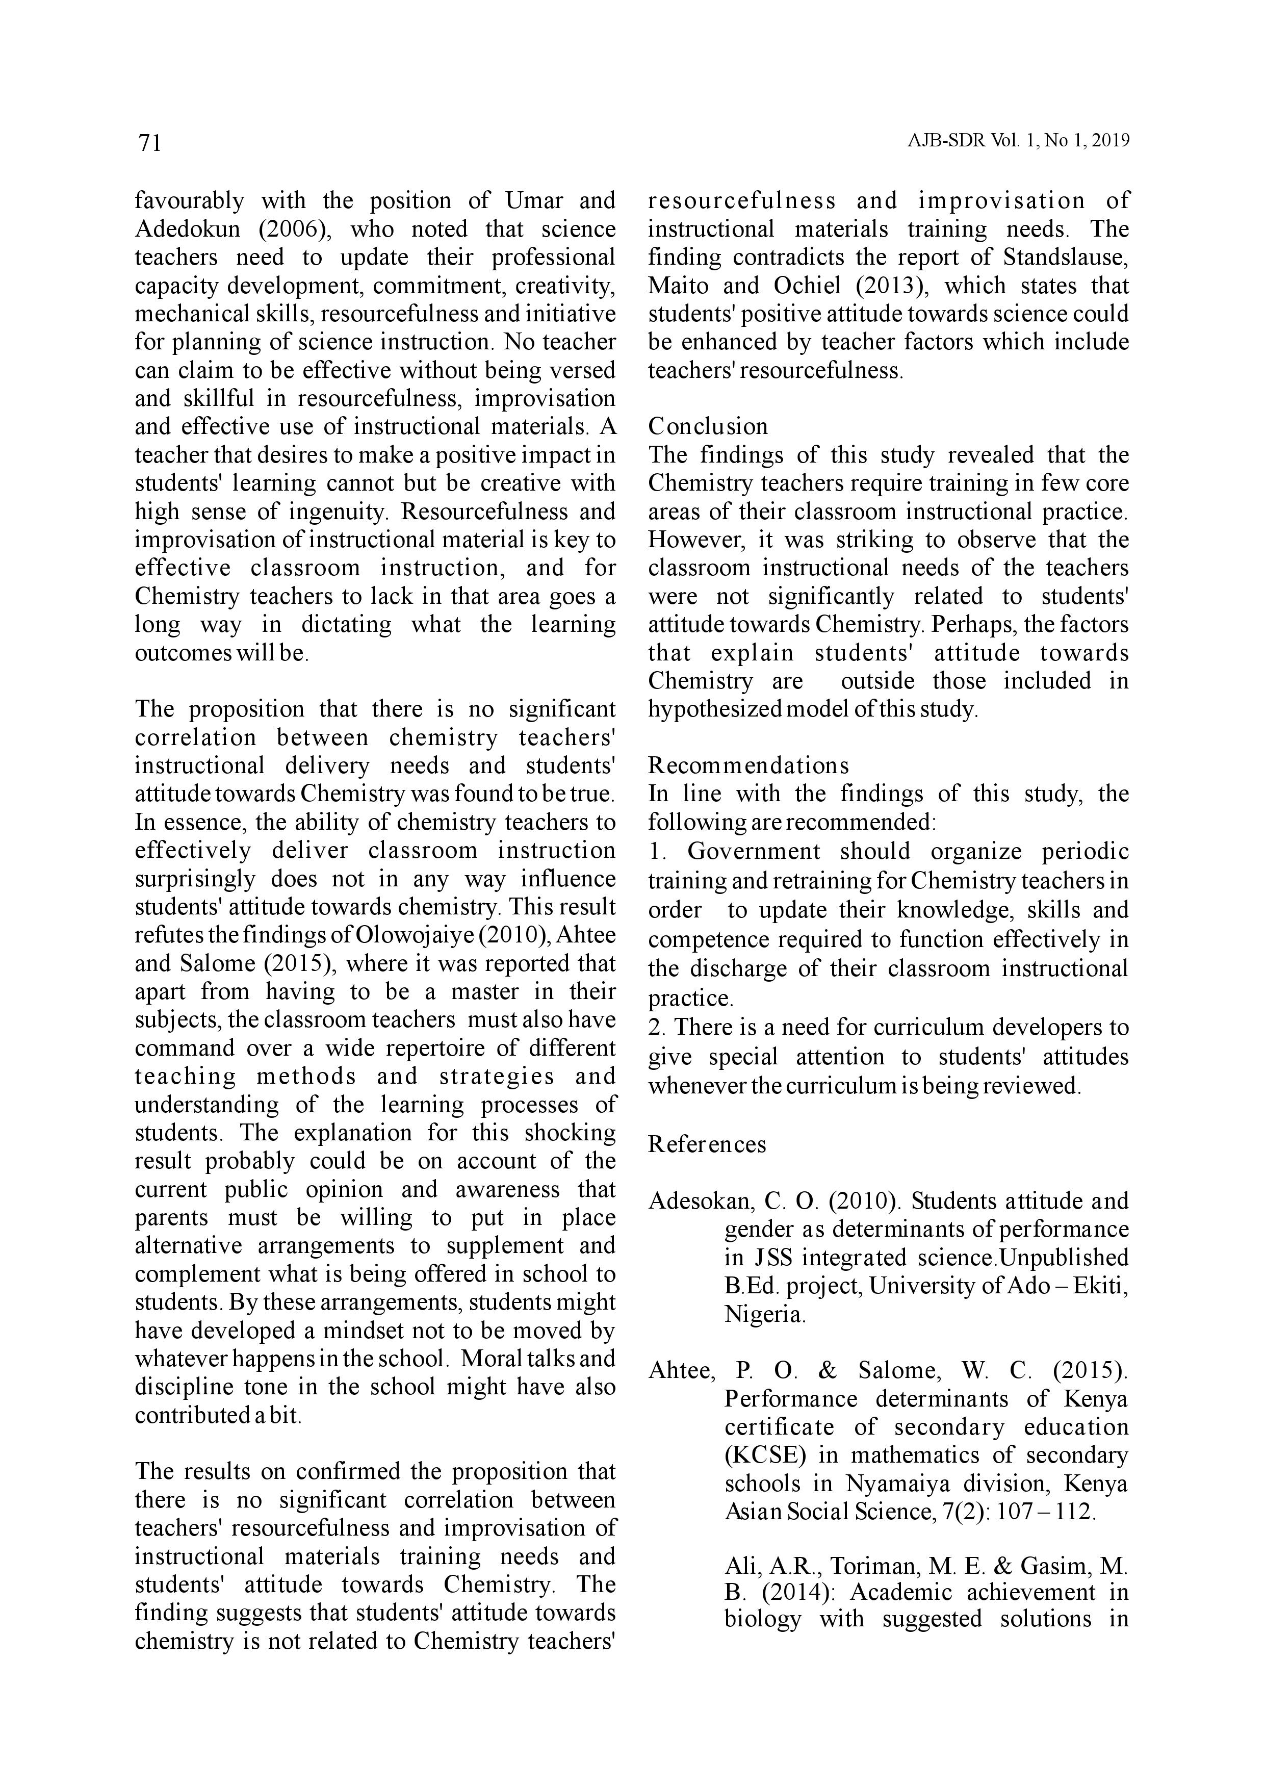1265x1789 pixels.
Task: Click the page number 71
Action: pyautogui.click(x=149, y=143)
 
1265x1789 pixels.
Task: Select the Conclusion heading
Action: pyautogui.click(x=707, y=426)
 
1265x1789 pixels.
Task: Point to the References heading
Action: pyautogui.click(x=707, y=1144)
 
